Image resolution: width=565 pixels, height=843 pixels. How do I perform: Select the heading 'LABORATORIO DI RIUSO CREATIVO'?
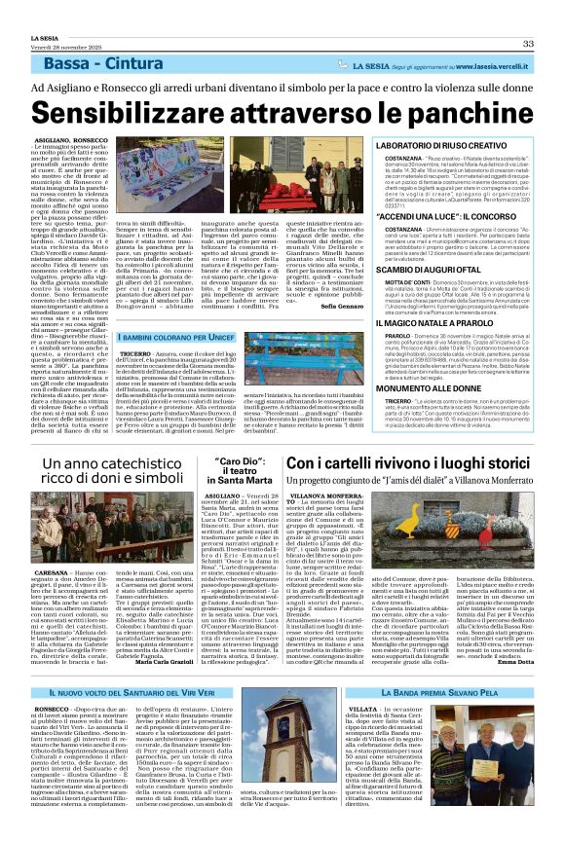[437, 144]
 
